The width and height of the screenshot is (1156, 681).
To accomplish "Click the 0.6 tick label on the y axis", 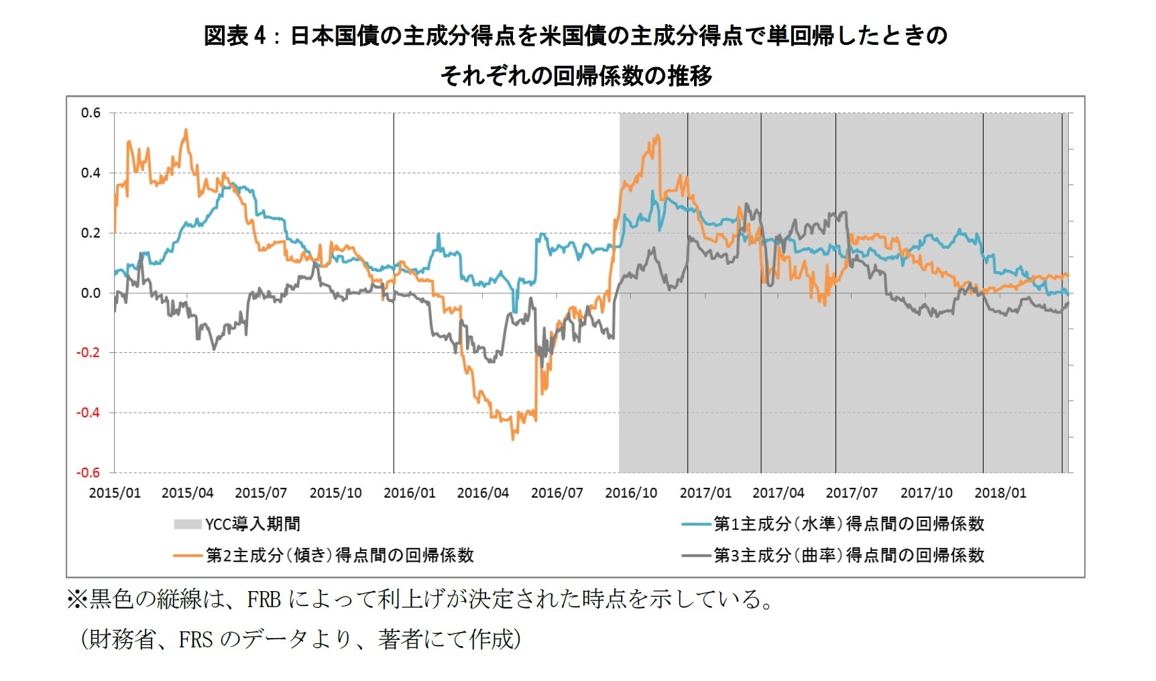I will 91,113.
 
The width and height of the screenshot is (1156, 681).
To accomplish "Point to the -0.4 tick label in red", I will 88,413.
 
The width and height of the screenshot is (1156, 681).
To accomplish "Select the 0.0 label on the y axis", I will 91,293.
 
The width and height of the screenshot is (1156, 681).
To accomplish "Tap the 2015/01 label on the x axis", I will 115,493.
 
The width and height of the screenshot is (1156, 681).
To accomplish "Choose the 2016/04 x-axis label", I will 483,493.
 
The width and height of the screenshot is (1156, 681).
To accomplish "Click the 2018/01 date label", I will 1000,493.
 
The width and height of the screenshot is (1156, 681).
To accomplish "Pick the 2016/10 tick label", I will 631,493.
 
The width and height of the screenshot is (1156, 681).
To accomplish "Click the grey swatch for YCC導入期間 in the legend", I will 187,524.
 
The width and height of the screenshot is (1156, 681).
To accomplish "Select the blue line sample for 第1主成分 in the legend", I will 695,524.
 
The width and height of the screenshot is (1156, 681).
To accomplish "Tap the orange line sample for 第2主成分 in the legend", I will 187,556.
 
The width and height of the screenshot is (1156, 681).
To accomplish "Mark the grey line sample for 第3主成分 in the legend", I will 695,556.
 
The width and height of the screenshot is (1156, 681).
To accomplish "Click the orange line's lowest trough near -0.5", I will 513,439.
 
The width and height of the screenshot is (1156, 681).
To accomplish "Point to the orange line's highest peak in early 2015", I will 186,130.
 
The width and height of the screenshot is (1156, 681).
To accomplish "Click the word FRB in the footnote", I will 264,599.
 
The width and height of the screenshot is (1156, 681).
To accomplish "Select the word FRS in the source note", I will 195,640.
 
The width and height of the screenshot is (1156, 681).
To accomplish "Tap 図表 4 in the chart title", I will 235,36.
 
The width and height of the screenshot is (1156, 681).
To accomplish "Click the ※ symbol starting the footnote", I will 77,599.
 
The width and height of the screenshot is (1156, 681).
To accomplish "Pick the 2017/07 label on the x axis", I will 852,493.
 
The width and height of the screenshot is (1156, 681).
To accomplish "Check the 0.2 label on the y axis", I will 91,233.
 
